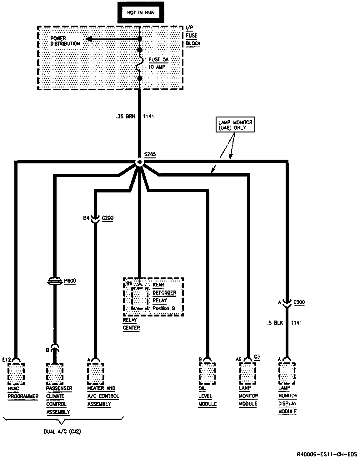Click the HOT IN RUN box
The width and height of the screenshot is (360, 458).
coord(141,12)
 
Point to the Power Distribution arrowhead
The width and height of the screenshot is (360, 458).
coord(89,39)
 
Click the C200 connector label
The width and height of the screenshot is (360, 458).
coord(108,218)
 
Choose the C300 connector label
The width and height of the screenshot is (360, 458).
coord(299,302)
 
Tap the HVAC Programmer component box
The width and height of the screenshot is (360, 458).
coord(16,373)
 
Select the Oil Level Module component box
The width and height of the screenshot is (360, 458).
coord(207,373)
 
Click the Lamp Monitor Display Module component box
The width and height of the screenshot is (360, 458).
coord(287,373)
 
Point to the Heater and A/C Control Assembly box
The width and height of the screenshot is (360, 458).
coord(96,373)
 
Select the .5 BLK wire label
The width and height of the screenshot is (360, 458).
coord(275,323)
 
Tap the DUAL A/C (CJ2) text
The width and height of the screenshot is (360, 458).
coord(62,432)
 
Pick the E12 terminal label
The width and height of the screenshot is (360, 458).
coord(7,360)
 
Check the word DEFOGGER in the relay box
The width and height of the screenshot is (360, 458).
coord(164,293)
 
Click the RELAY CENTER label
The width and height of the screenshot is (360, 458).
coord(131,324)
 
